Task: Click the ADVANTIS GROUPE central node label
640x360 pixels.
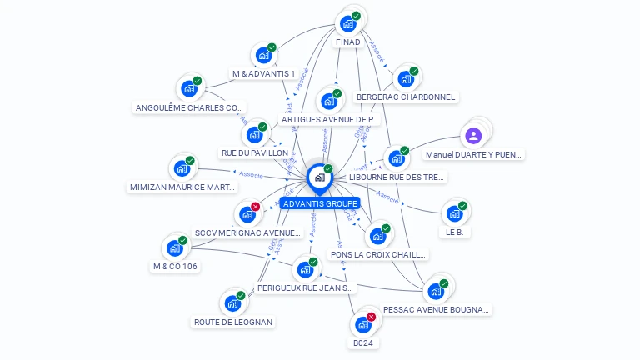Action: click(x=320, y=203)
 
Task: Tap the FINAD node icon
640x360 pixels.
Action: click(x=347, y=23)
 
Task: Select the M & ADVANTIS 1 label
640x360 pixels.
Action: click(x=263, y=73)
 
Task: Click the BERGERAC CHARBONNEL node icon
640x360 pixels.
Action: click(x=405, y=79)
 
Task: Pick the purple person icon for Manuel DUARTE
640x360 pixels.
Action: click(x=473, y=135)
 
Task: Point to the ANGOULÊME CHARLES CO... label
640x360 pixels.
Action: click(x=190, y=107)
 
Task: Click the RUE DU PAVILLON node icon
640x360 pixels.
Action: click(x=253, y=134)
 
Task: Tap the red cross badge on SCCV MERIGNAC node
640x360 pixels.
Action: click(x=255, y=207)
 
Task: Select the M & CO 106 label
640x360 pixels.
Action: click(x=175, y=267)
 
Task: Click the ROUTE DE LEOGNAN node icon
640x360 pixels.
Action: click(x=231, y=303)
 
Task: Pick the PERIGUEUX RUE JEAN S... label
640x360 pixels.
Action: click(x=305, y=288)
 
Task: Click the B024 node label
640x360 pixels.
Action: click(x=362, y=342)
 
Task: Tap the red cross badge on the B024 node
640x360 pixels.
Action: click(x=371, y=317)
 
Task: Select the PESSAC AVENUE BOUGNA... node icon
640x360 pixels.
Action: click(x=435, y=291)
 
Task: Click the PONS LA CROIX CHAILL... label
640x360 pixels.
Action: click(x=378, y=254)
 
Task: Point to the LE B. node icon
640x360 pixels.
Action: click(x=454, y=213)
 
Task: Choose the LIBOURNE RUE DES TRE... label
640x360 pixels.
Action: click(x=397, y=177)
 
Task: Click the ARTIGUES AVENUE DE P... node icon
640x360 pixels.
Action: click(x=329, y=102)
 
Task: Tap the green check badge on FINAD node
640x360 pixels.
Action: click(x=356, y=16)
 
